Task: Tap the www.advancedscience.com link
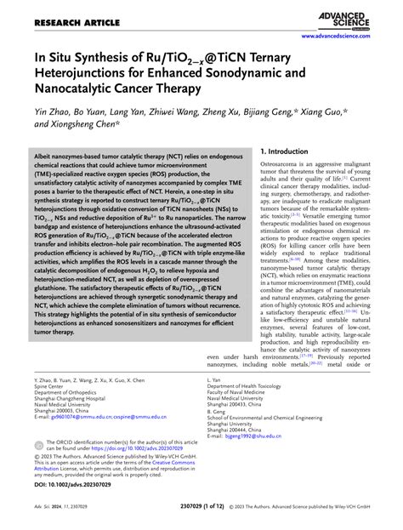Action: tap(345, 37)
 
